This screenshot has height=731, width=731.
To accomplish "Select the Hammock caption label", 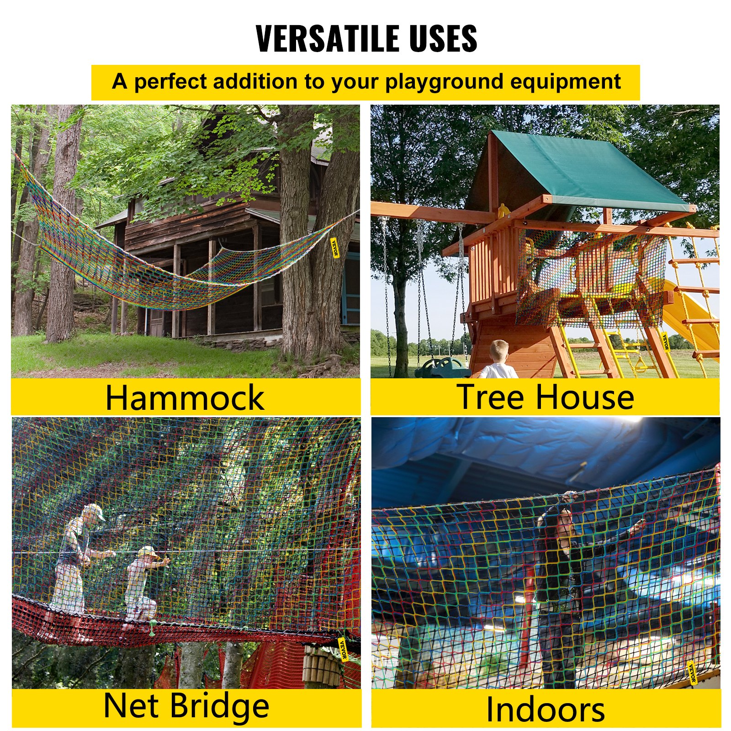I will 185,397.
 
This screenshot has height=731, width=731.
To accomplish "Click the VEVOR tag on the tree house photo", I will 666,342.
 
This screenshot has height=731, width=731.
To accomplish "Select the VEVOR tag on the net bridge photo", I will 343,649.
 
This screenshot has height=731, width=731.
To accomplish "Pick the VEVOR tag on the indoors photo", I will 692,673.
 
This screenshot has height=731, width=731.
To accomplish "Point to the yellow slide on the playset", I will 690,315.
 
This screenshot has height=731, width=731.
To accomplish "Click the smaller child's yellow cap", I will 147,551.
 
